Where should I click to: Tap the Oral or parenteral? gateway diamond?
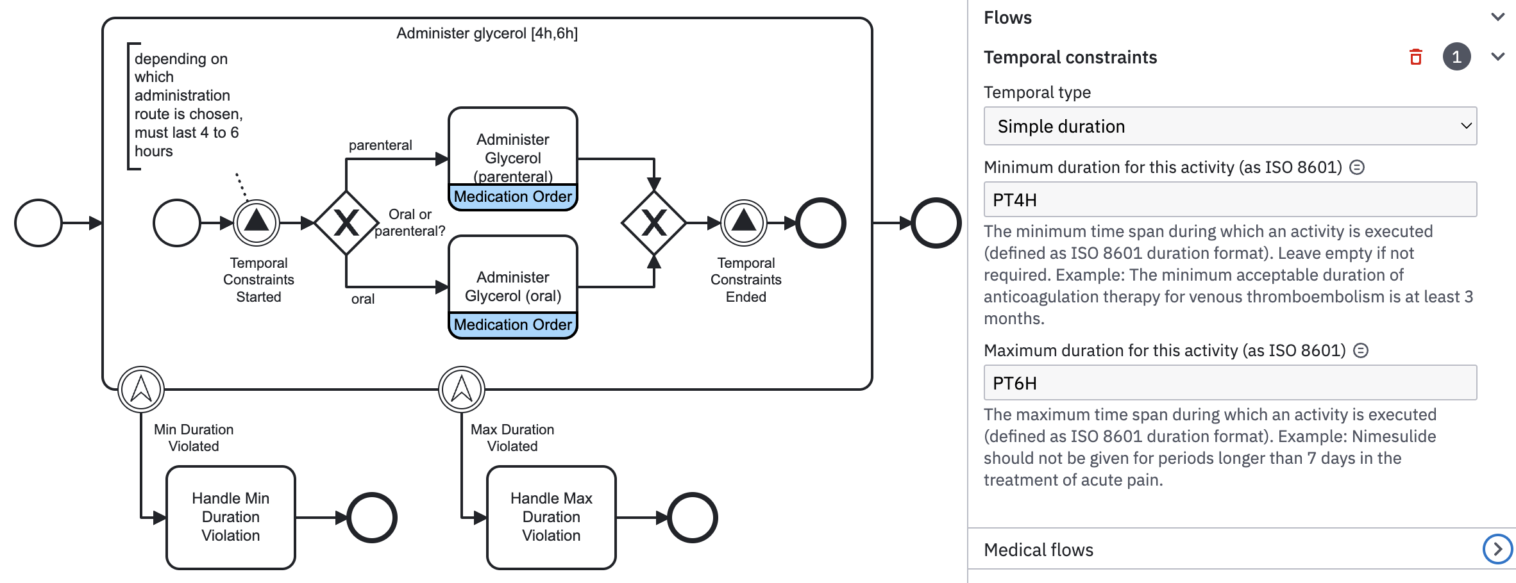[346, 223]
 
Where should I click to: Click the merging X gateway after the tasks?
[653, 223]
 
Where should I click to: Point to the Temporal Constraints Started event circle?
[257, 223]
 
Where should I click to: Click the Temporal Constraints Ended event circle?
[744, 223]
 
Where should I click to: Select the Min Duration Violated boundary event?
[141, 389]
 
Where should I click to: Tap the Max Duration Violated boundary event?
[462, 389]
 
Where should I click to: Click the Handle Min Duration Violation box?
[231, 517]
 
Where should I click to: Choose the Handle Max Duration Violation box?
[552, 517]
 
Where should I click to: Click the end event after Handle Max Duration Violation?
[692, 517]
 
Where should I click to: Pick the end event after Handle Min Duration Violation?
[372, 517]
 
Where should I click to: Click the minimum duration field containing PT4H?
[1229, 200]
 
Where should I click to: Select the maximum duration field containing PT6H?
[1229, 383]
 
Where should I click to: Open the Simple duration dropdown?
[1229, 126]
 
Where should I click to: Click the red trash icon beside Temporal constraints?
[1416, 57]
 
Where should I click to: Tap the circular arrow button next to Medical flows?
[1497, 549]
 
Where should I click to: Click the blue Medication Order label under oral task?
[512, 325]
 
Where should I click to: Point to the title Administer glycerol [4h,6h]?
[487, 33]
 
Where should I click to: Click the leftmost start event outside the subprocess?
[38, 223]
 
